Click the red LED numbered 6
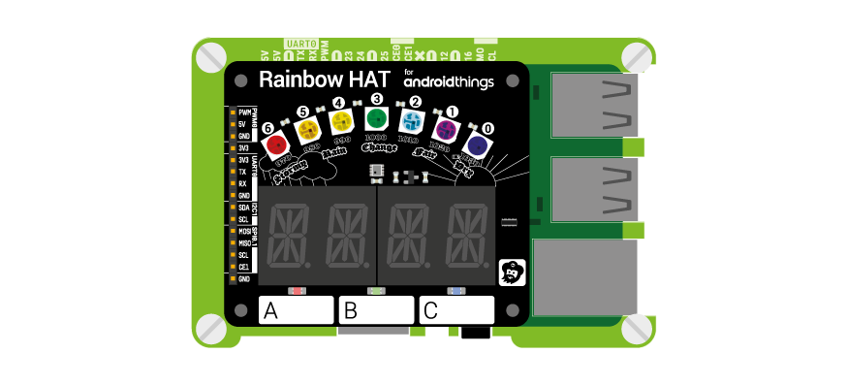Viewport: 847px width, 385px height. click(278, 144)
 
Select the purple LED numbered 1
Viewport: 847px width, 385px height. click(446, 129)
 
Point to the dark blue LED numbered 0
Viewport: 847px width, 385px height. click(477, 145)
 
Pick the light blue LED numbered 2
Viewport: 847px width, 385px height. click(412, 121)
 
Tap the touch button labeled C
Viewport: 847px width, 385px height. click(456, 310)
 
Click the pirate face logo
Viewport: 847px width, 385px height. click(512, 273)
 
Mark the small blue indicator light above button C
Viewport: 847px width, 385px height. click(456, 290)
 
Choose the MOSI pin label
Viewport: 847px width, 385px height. click(245, 232)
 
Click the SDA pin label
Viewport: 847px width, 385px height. click(244, 208)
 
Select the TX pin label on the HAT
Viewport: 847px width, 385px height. click(242, 171)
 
